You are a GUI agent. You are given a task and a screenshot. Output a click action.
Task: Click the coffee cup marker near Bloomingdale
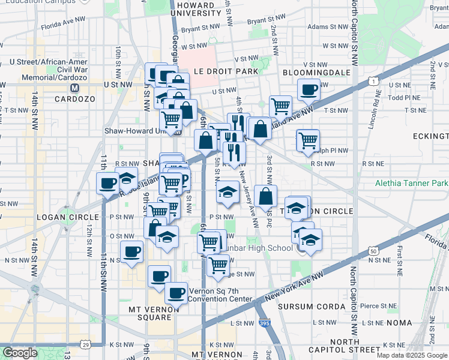coord(309,91)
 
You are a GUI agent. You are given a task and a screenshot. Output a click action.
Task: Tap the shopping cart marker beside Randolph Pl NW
coord(308,141)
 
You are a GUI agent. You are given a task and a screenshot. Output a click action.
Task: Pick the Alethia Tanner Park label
coord(412,183)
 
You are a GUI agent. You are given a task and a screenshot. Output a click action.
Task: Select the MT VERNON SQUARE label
coord(154,310)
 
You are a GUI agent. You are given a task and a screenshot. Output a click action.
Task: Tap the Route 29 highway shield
coord(87,344)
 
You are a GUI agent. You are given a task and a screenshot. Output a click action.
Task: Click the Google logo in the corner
coord(20,353)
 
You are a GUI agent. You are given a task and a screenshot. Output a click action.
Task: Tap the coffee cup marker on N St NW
coord(131,252)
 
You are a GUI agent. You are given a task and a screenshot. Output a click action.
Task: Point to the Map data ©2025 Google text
coord(412,355)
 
